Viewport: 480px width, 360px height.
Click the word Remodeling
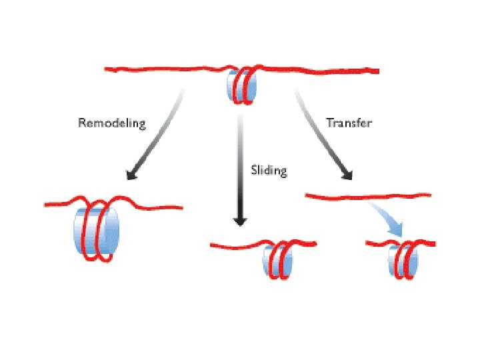click(x=111, y=123)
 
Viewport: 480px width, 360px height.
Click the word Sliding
click(x=269, y=171)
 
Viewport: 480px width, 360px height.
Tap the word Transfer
click(x=349, y=123)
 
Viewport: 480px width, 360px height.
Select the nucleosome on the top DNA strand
click(x=241, y=85)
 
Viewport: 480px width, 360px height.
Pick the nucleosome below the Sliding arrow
click(x=277, y=260)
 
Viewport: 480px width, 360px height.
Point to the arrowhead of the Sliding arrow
click(x=241, y=221)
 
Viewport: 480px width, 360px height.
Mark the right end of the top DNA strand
click(x=377, y=71)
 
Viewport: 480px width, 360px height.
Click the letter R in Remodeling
click(x=82, y=123)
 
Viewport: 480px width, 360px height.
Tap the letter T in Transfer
click(x=329, y=123)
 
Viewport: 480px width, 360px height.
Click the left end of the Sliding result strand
click(x=212, y=245)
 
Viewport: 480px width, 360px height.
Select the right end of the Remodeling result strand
click(x=181, y=207)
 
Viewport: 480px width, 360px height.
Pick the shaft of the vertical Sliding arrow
click(x=241, y=167)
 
